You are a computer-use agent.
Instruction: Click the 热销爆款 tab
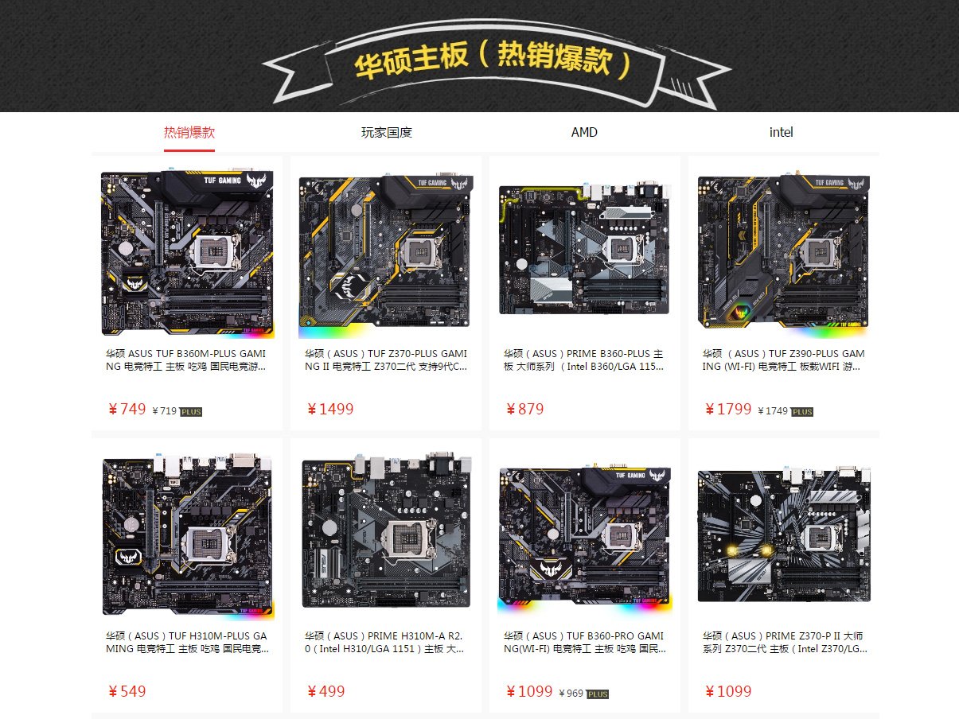[x=189, y=132]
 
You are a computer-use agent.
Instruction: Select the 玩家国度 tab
[x=387, y=132]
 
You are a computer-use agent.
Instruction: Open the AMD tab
[x=584, y=132]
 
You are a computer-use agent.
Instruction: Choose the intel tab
[x=782, y=132]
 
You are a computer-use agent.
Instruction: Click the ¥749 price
[x=127, y=409]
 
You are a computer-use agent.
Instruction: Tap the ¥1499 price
[x=330, y=409]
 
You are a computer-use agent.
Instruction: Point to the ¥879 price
[x=525, y=409]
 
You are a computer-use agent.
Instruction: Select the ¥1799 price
[x=728, y=409]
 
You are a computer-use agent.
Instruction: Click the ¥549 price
[x=127, y=691]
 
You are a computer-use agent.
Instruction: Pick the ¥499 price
[x=326, y=691]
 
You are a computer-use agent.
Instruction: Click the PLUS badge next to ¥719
[x=191, y=412]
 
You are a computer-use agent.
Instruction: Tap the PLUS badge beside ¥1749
[x=802, y=412]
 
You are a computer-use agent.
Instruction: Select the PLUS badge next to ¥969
[x=597, y=694]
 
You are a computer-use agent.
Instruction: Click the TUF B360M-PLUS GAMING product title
[x=185, y=359]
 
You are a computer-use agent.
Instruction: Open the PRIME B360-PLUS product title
[x=583, y=359]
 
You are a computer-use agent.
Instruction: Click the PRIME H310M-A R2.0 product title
[x=384, y=642]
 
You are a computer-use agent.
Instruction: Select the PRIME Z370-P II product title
[x=785, y=642]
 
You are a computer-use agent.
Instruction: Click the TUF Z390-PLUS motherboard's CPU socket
[x=819, y=252]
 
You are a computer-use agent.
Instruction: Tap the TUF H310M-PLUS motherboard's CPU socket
[x=208, y=544]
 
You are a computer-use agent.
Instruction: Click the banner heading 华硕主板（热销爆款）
[x=493, y=60]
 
